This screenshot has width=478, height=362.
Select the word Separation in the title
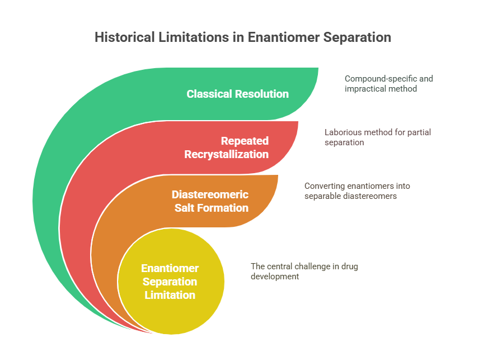[357, 38]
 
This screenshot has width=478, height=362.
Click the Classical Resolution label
[237, 94]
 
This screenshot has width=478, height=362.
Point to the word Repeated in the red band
[245, 141]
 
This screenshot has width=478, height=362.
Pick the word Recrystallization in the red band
[227, 154]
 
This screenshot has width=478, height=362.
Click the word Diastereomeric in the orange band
[210, 194]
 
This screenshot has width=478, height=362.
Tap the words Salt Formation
[211, 208]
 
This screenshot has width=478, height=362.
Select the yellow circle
[171, 282]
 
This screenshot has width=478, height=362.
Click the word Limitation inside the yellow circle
[170, 295]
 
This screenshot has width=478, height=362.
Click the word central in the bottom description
[279, 266]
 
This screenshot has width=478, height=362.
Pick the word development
[275, 277]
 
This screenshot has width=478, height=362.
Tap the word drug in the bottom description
[350, 267]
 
